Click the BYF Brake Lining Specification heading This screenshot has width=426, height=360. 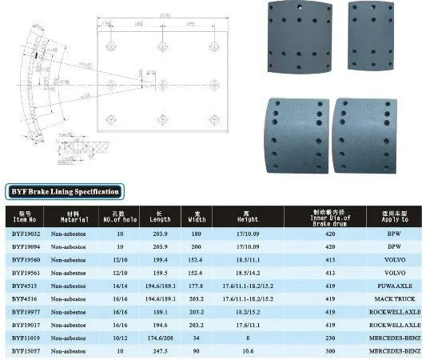pyautogui.click(x=64, y=191)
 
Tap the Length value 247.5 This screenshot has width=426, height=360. pyautogui.click(x=160, y=350)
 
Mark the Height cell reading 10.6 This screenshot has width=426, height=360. pyautogui.click(x=244, y=350)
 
